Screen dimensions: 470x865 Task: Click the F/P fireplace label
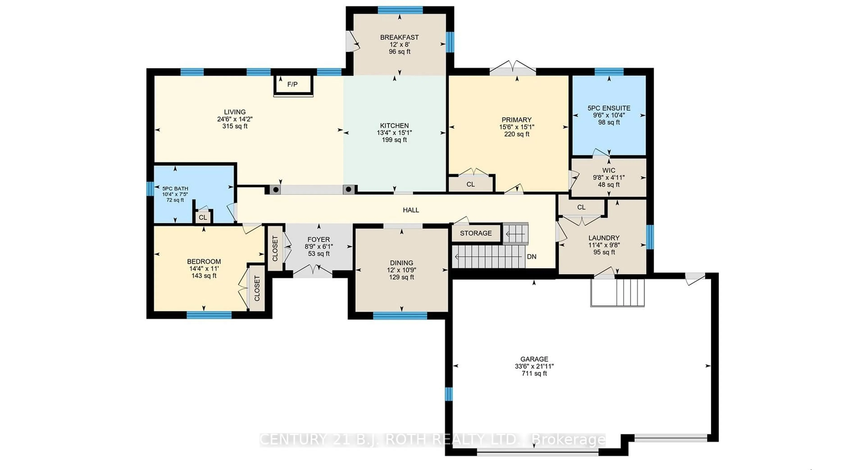pos(292,84)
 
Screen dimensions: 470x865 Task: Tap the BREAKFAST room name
pos(399,37)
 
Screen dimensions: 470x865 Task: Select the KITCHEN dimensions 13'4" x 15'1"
pos(394,133)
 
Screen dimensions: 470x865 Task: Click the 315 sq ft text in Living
pos(235,126)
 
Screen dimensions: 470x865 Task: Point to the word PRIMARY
pos(517,120)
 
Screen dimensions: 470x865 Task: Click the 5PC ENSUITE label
pos(609,108)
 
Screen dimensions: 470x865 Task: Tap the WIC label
pos(608,170)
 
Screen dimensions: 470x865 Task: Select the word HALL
pos(411,210)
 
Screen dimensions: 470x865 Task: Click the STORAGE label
pos(476,233)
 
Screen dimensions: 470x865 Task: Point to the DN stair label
pos(532,257)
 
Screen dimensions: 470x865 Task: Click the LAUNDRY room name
pos(604,238)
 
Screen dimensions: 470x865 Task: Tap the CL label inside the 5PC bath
pos(203,217)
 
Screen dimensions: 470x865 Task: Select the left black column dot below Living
pos(275,190)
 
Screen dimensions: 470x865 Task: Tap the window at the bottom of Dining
pos(400,315)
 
